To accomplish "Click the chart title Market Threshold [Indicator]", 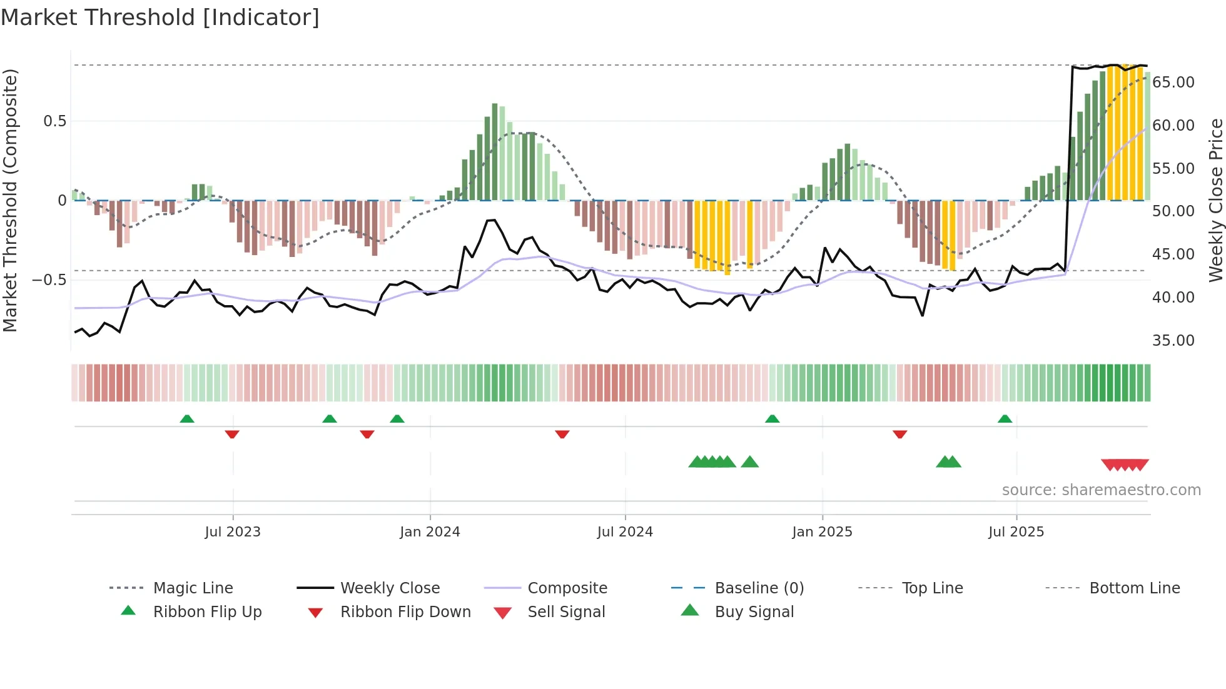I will [160, 18].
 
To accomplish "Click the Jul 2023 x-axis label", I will [233, 532].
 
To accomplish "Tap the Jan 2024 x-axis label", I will [430, 532].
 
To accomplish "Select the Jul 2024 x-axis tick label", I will [625, 532].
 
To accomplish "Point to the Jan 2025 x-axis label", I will [822, 532].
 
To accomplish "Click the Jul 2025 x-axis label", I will [1016, 532].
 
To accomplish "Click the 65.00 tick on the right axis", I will [1173, 83].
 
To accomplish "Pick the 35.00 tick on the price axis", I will [1173, 341].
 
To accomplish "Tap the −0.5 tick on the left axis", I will [49, 279].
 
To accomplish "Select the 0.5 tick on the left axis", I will [54, 121].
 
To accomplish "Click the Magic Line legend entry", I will [193, 588].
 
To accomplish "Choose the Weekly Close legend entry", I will [390, 588].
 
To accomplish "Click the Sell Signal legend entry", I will [566, 612].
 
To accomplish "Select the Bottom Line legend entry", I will [1134, 588].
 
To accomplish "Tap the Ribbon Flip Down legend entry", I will [405, 612].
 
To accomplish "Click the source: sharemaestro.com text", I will [1101, 490].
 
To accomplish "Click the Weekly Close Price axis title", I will [1215, 200].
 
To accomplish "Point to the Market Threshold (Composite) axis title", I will [10, 200].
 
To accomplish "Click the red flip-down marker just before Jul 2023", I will [232, 434].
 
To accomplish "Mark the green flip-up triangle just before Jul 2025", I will [1005, 419].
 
